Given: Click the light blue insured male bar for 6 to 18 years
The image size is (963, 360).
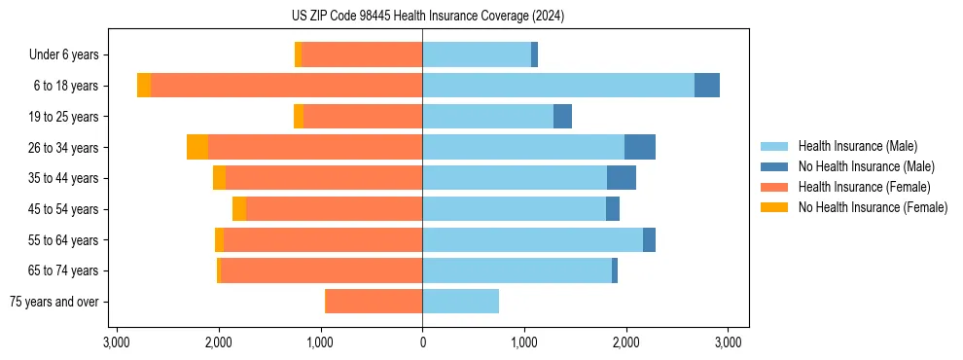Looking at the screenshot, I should (558, 86).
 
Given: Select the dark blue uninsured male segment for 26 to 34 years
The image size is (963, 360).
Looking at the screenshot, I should (640, 147).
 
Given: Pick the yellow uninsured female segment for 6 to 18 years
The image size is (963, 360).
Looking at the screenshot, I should (144, 86).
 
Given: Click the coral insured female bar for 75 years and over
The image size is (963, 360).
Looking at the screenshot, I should (374, 302).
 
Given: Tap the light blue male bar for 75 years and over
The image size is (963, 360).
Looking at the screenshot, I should (460, 302).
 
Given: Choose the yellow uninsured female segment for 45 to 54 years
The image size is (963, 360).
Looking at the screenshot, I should (239, 209).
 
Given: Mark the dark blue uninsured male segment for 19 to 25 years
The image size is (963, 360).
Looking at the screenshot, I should (562, 117).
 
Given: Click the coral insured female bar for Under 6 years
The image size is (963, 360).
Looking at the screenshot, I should (362, 55).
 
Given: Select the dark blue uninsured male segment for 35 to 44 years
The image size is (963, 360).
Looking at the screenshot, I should (622, 178).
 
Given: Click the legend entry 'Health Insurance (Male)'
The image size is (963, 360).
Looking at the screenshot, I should (857, 146).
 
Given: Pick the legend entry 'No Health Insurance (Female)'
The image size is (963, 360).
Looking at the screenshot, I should (873, 207).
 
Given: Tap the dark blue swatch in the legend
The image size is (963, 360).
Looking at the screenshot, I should (775, 166).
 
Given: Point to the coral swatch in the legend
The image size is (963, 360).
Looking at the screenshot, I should (775, 187).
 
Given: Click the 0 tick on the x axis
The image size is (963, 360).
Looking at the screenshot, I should (422, 342).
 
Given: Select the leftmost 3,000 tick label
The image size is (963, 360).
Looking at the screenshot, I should (116, 342).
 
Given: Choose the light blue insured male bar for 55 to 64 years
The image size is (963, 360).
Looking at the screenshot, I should (532, 240).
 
